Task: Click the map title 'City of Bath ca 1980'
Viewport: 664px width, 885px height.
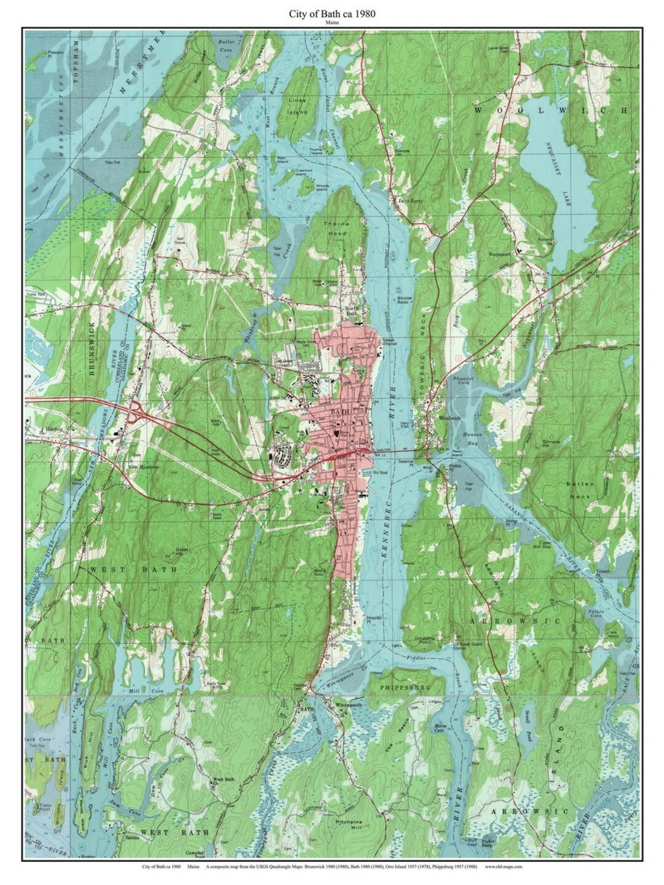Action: (332, 13)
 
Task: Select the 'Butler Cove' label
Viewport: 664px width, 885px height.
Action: (226, 45)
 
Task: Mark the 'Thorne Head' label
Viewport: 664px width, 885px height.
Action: (336, 229)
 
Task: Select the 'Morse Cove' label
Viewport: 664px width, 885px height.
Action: (440, 728)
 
